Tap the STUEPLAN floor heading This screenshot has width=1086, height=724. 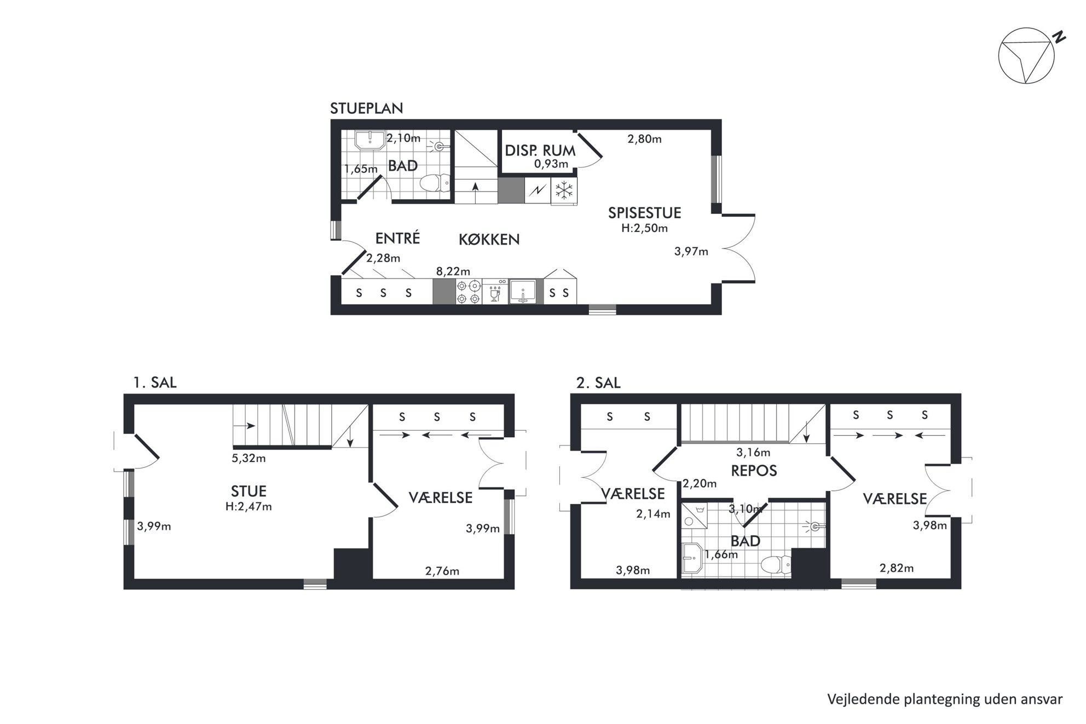[366, 108]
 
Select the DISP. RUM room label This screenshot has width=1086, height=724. [540, 150]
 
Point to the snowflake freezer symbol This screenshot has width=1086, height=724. [564, 190]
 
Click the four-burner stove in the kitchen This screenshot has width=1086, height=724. [469, 292]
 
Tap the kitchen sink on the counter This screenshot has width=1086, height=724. [523, 291]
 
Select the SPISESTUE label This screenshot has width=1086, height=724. [644, 213]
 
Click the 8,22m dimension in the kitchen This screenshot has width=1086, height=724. [453, 271]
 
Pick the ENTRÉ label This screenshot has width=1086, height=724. [397, 238]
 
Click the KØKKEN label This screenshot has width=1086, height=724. [489, 239]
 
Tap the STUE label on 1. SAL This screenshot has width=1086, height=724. [249, 491]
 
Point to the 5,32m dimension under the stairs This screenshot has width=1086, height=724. [249, 459]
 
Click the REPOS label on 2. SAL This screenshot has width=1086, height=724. [754, 471]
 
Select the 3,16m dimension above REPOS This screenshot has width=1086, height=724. [753, 453]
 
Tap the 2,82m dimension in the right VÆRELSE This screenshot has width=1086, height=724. [897, 568]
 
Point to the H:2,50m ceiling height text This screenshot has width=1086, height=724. [644, 228]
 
